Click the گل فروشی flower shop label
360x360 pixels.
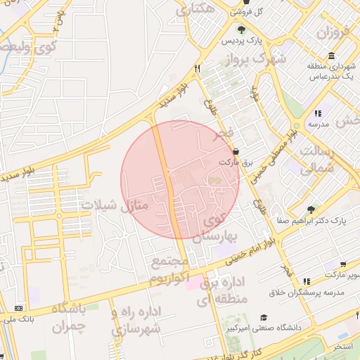[x=268, y=12]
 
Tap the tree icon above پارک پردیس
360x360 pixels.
[x=241, y=30]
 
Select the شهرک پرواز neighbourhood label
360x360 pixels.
[x=259, y=60]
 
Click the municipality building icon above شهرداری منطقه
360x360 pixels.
[x=331, y=56]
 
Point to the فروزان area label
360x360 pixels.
[x=332, y=32]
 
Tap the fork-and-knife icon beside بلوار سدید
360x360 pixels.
[x=198, y=69]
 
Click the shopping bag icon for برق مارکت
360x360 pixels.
[x=235, y=151]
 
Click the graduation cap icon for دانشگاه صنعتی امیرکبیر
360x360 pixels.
[x=264, y=317]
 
